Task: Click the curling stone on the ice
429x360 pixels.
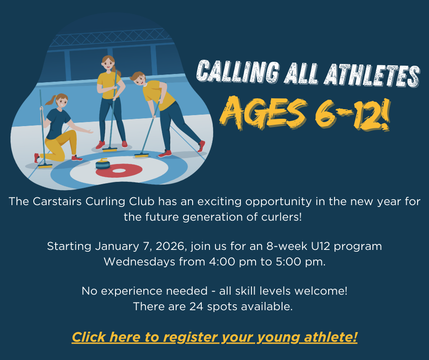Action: click(x=103, y=164)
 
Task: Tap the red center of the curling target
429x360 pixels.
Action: click(x=119, y=170)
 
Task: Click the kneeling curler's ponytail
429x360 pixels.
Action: click(x=51, y=101)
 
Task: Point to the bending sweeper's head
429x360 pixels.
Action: click(x=138, y=79)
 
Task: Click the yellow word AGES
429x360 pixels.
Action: click(x=263, y=112)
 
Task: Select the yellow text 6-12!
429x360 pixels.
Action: click(x=352, y=115)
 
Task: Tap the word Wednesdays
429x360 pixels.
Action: click(x=139, y=262)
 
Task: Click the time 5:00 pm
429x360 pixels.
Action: click(x=301, y=262)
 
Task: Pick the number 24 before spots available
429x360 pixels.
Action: click(x=196, y=306)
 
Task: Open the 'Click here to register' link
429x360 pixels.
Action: click(x=214, y=337)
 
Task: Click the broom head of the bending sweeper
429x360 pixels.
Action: click(x=142, y=155)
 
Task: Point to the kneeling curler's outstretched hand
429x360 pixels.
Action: click(x=89, y=132)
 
